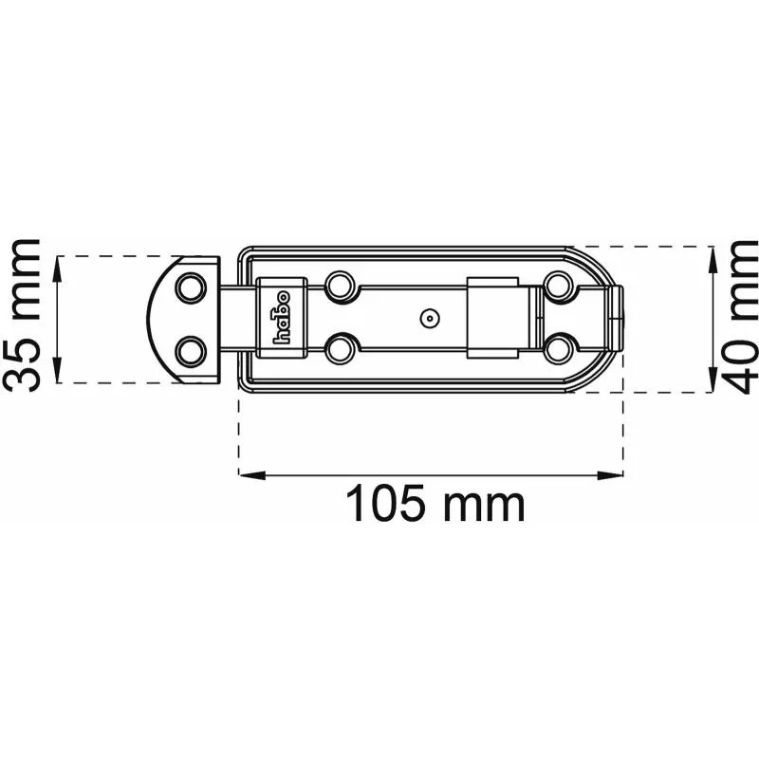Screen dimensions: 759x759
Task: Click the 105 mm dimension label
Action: [435, 504]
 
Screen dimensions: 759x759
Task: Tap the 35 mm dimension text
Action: [22, 316]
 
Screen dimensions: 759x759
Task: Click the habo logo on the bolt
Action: [282, 317]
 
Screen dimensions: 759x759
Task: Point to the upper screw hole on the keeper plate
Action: [191, 288]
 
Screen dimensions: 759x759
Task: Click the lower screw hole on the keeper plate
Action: [191, 351]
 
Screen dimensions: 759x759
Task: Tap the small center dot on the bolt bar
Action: [430, 318]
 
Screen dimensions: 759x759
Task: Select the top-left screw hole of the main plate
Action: [341, 287]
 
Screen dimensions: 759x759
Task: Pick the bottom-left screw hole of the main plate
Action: [341, 349]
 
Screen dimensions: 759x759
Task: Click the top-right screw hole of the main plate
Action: [559, 287]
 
